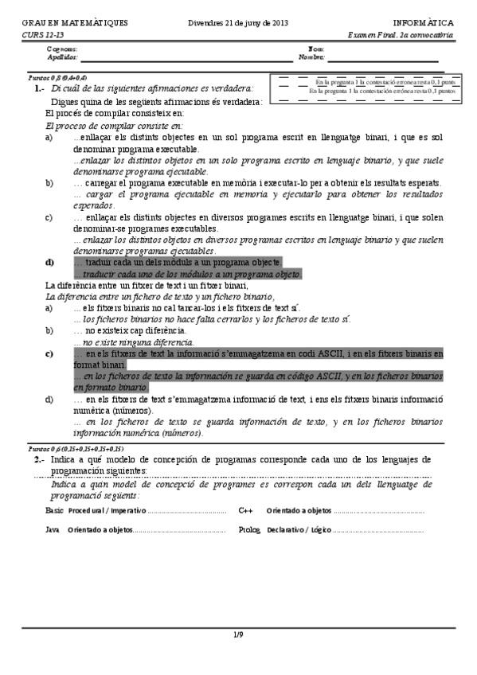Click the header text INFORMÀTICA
(424, 24)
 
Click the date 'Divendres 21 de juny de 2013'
(238, 24)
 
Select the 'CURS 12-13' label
(39, 36)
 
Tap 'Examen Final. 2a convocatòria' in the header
(401, 36)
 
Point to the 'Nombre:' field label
(311, 57)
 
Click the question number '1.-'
(39, 89)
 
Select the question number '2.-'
(38, 460)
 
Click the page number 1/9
(238, 634)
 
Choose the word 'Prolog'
(249, 529)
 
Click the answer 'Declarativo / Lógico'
(299, 529)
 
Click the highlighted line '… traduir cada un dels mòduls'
(177, 262)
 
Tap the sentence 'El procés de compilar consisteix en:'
(115, 114)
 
